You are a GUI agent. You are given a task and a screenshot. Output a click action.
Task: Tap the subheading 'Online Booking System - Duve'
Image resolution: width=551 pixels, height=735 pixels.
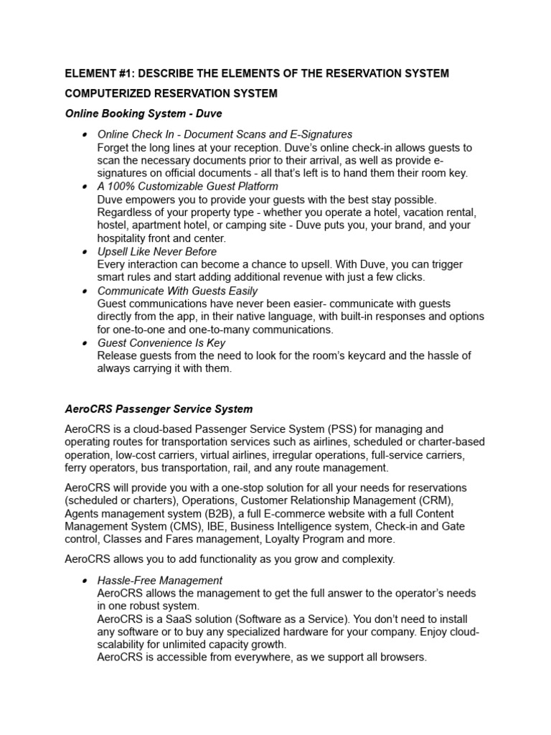tap(143, 113)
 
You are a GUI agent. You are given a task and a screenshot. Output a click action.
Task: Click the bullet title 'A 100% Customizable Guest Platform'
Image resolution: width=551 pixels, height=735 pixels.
tap(187, 187)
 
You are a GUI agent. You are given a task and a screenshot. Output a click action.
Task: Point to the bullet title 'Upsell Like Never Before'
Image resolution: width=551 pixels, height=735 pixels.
tap(156, 252)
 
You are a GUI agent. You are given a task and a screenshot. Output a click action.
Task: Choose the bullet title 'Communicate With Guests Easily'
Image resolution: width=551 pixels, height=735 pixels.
tap(177, 291)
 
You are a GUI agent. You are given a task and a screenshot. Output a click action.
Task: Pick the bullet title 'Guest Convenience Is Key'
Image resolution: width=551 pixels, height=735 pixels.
tap(161, 343)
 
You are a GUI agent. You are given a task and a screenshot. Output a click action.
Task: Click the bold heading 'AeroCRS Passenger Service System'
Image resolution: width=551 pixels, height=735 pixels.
tap(159, 409)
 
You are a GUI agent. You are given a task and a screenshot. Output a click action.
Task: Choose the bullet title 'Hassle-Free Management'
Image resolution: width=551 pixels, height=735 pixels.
tap(160, 580)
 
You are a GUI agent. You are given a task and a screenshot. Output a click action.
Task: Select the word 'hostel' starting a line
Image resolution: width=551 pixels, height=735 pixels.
tap(113, 225)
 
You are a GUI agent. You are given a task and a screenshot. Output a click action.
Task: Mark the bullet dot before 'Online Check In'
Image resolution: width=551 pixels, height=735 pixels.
tap(85, 135)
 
